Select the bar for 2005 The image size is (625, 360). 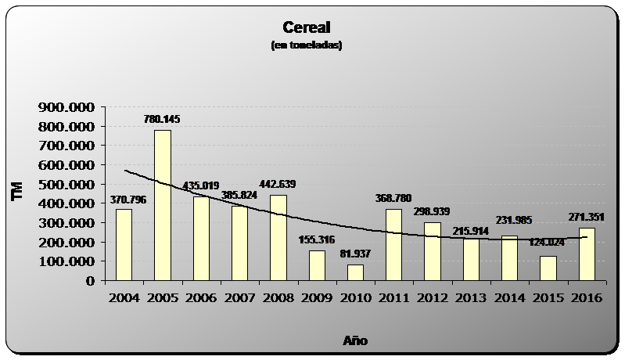162,205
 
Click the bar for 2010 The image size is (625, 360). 355,272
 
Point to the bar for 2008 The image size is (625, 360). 278,238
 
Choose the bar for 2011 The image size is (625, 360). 393,245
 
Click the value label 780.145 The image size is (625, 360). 162,120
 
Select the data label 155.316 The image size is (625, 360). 316,240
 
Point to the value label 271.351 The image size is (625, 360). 587,218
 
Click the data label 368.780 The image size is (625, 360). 393,199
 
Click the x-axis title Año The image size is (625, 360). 355,340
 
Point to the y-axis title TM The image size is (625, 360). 17,193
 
